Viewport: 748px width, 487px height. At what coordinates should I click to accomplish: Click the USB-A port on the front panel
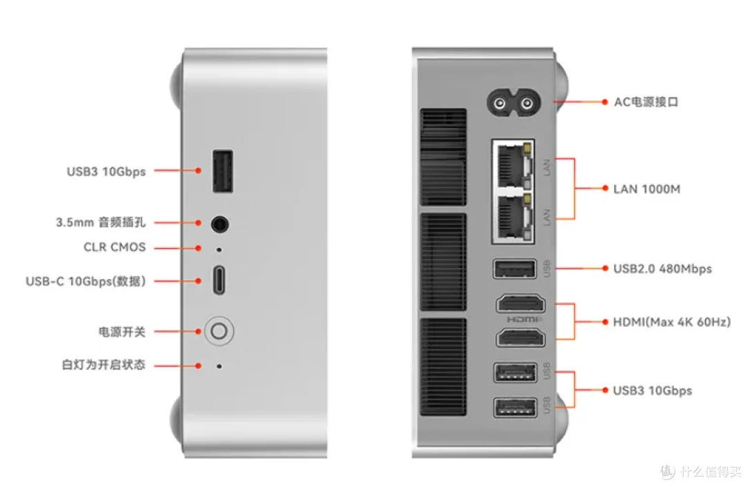(x=223, y=171)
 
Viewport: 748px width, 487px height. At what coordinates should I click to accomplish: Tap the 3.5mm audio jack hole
(x=220, y=224)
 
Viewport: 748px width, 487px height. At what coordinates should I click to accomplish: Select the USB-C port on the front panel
(x=219, y=280)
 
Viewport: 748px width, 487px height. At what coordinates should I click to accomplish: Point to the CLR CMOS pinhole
(x=219, y=249)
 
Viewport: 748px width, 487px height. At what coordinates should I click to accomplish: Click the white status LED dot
(x=219, y=366)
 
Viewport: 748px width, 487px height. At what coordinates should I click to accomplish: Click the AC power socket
(x=513, y=103)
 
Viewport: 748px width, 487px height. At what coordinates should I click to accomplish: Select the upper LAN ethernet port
(x=513, y=165)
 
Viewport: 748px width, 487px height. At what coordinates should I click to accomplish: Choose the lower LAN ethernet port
(x=513, y=218)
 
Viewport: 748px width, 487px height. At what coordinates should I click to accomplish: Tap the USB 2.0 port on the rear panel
(x=515, y=269)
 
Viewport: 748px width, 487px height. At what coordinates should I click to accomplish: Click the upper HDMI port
(x=520, y=304)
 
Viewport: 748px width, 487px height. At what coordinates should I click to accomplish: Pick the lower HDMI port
(x=520, y=337)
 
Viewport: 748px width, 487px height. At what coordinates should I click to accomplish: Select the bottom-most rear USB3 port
(x=515, y=408)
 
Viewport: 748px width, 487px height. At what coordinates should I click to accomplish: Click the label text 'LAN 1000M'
(x=646, y=189)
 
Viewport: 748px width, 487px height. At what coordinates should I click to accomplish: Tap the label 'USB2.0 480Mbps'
(x=662, y=269)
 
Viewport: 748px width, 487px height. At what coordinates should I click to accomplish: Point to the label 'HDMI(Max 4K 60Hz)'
(x=672, y=322)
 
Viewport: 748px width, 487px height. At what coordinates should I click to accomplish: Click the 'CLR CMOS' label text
(x=114, y=247)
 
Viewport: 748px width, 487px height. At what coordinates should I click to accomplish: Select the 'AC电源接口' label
(x=646, y=102)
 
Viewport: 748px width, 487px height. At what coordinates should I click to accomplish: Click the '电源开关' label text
(x=122, y=332)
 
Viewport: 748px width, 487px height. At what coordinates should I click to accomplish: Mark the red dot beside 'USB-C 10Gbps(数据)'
(x=199, y=281)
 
